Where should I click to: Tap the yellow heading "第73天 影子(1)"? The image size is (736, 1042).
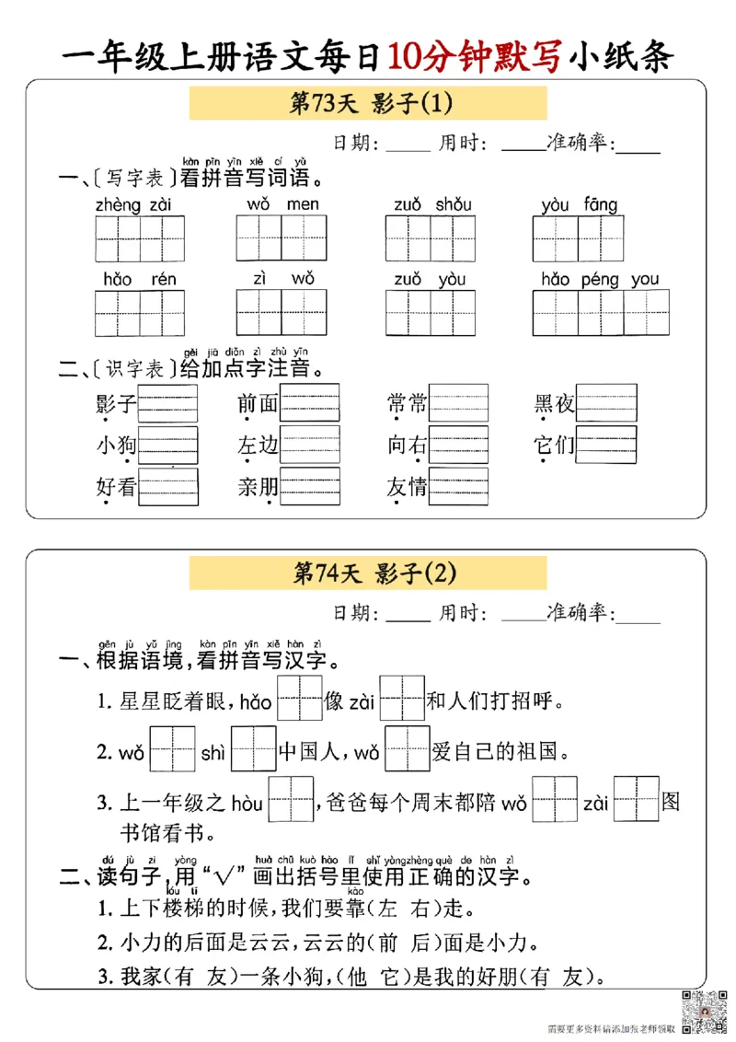368,103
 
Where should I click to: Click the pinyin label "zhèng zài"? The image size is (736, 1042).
133,204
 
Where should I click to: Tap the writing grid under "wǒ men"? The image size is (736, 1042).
282,238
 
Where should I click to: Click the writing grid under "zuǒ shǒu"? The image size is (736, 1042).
430,238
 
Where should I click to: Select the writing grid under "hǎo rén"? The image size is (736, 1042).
140,313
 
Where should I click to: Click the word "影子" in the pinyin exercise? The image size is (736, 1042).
116,403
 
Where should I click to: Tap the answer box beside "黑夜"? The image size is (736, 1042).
605,402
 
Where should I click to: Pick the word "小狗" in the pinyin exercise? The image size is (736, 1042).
116,445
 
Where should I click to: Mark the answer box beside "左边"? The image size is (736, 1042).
310,445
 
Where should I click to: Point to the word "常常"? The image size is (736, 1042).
408,403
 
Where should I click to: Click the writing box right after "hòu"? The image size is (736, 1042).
291,799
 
